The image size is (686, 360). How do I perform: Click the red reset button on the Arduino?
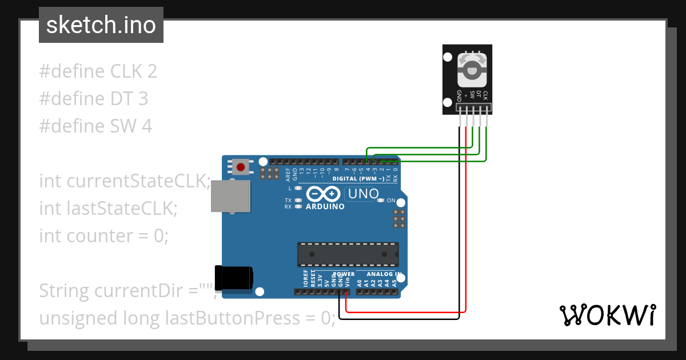[x=241, y=167]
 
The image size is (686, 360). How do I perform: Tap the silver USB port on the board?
[x=231, y=197]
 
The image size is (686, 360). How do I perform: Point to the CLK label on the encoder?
[x=485, y=95]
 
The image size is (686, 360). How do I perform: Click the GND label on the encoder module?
[x=459, y=95]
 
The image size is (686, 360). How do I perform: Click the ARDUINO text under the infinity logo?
[x=325, y=206]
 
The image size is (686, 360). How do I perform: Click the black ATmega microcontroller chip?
[x=348, y=254]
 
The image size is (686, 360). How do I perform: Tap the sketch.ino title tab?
[x=101, y=25]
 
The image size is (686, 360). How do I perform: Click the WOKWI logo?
[x=607, y=315]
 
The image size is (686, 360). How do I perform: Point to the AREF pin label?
[x=288, y=174]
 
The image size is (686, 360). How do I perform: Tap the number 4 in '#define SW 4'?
[x=147, y=126]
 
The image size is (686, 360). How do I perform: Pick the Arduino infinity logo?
[x=324, y=194]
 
